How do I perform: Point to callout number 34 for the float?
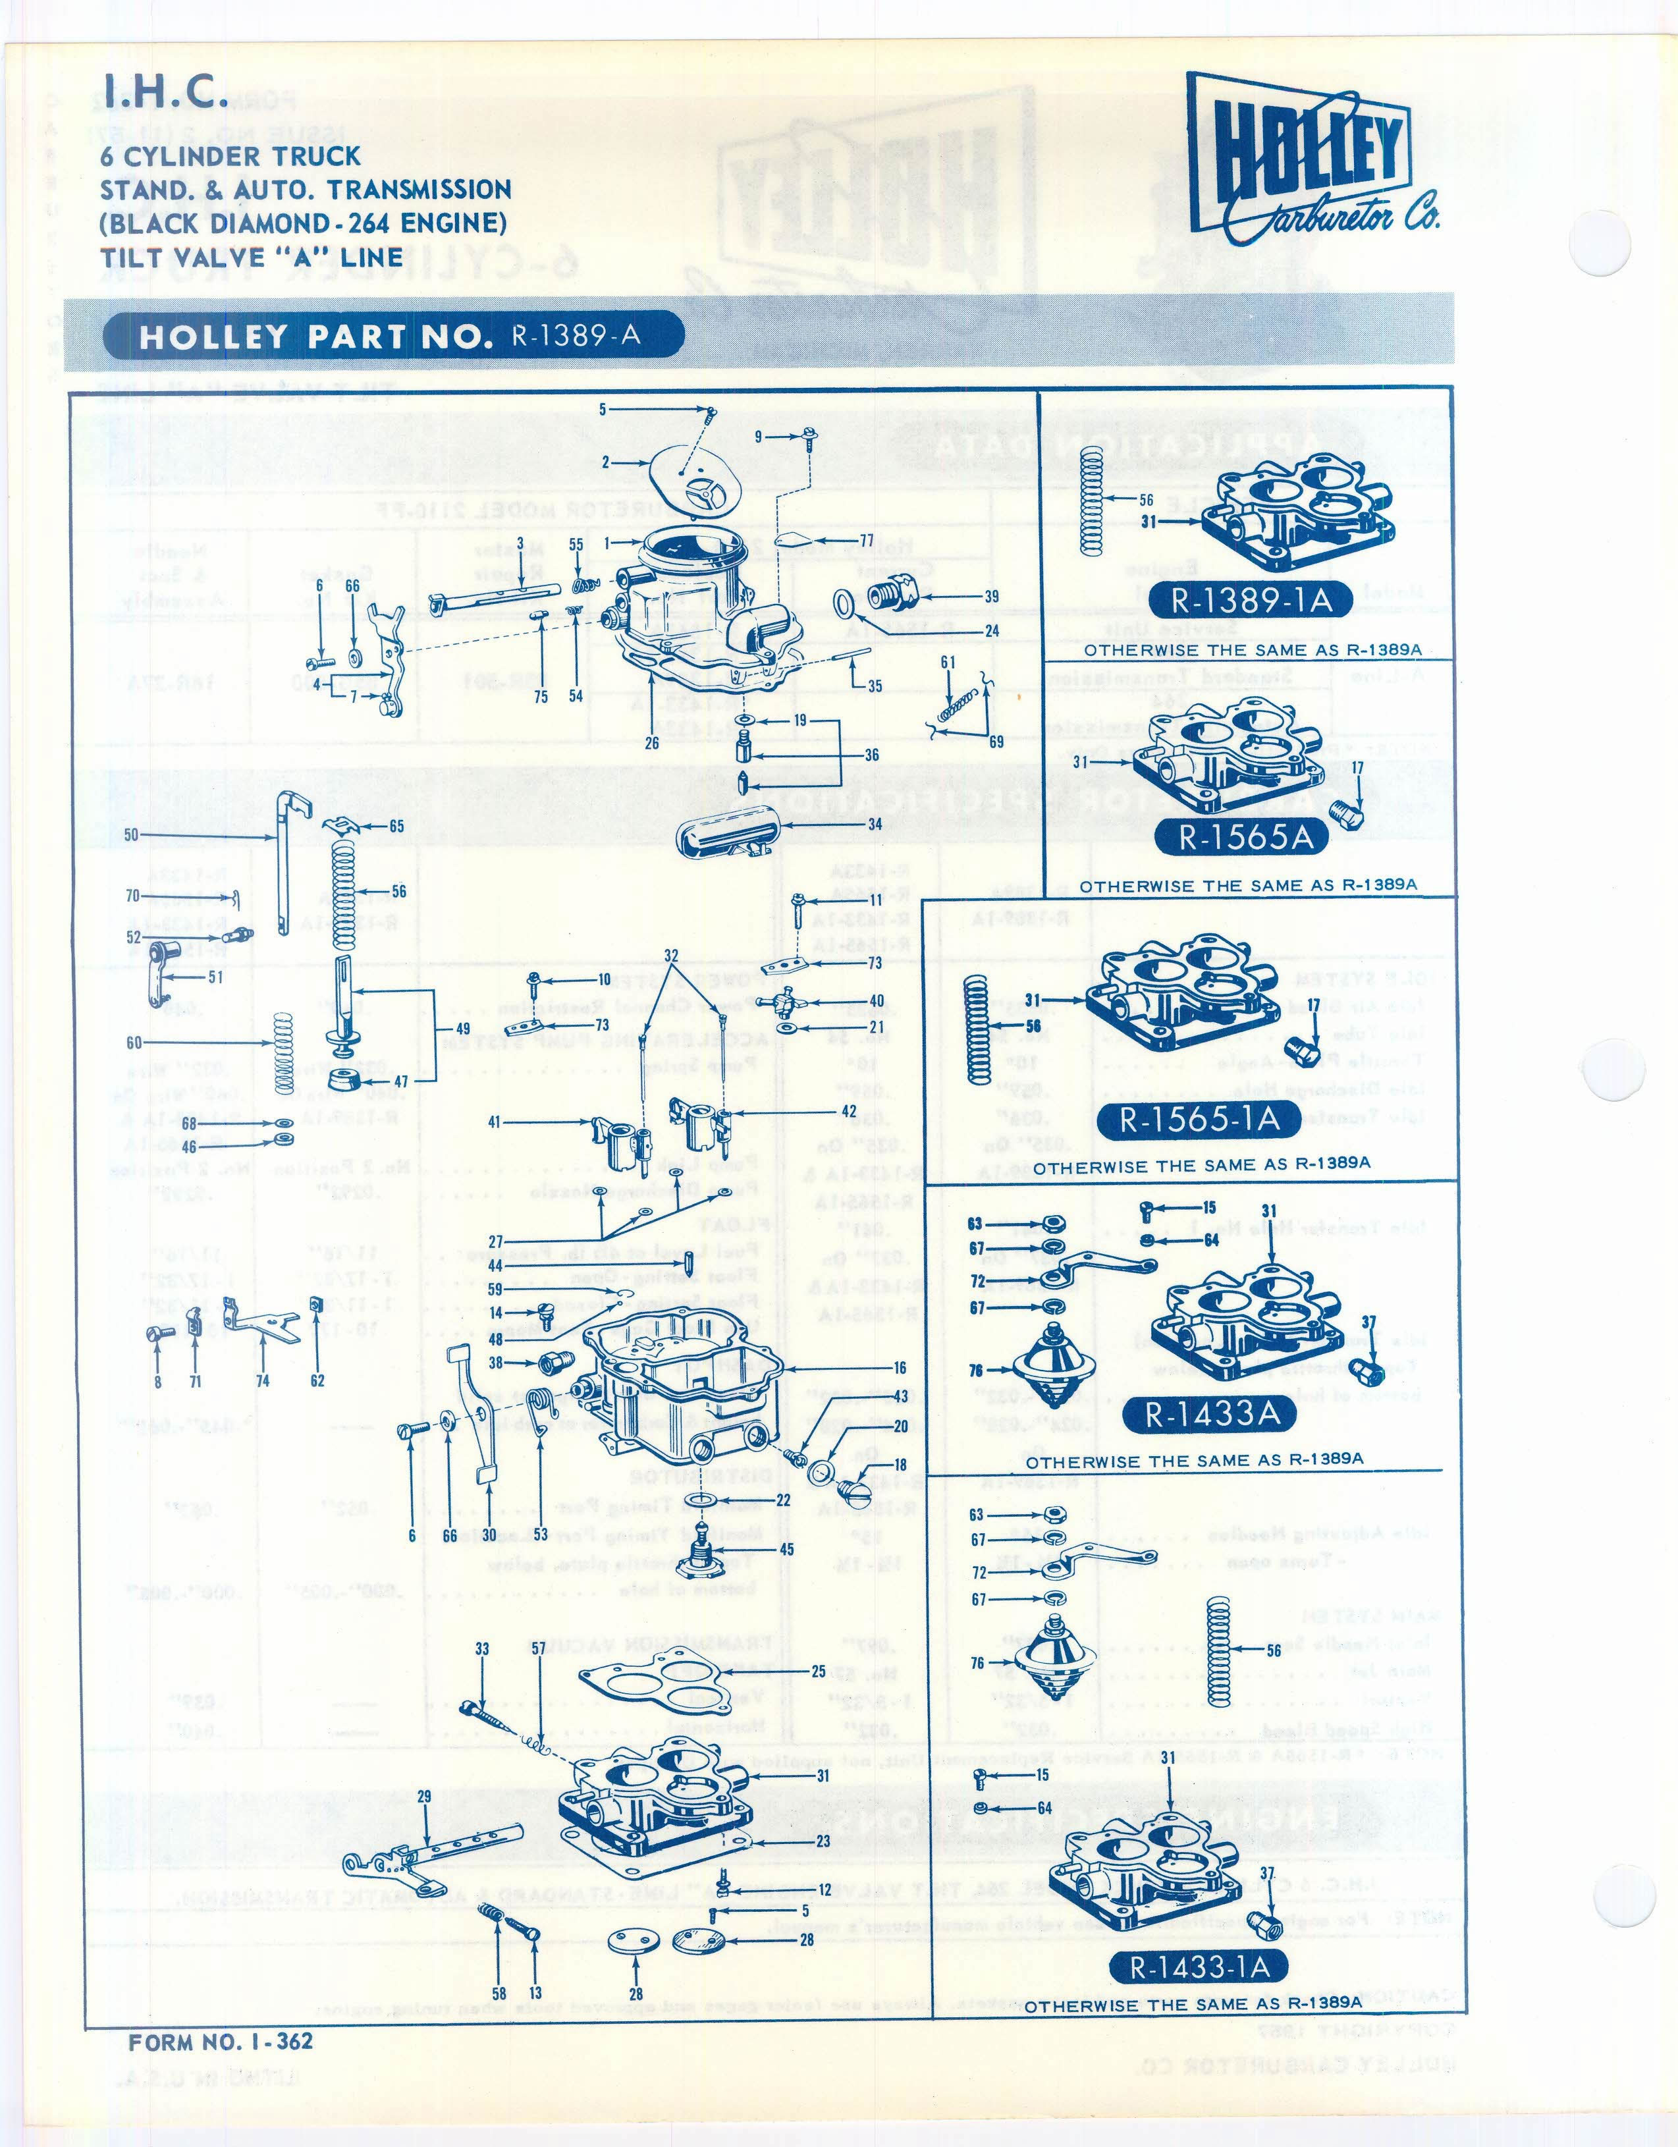(x=874, y=824)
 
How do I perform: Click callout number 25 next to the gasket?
(x=819, y=1670)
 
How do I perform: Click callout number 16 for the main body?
(x=900, y=1367)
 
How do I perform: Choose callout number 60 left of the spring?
(x=134, y=1042)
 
